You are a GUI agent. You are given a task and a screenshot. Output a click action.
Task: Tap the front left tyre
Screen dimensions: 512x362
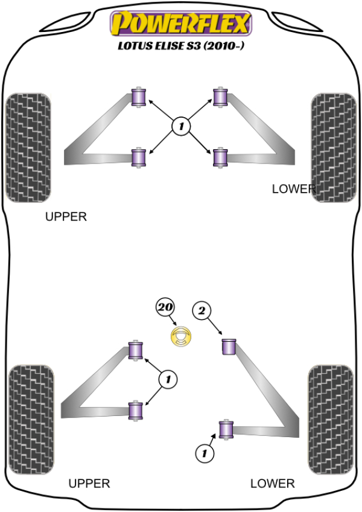tap(28, 147)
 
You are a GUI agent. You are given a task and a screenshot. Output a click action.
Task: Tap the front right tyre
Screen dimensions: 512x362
tap(334, 147)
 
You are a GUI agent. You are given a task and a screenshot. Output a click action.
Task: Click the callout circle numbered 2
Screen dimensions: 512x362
tap(202, 311)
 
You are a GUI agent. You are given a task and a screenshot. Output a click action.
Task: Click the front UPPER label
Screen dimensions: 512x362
tap(66, 216)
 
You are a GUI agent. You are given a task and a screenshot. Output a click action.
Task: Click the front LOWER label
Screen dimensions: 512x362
tap(294, 189)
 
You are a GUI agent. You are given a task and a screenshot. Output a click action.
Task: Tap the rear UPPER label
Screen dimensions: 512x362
tap(89, 483)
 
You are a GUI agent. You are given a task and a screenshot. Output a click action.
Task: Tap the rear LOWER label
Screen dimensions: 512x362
tap(273, 483)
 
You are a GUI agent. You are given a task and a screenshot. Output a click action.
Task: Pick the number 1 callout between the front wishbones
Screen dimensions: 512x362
tap(180, 126)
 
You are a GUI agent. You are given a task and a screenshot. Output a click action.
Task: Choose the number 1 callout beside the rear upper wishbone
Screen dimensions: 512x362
tap(168, 380)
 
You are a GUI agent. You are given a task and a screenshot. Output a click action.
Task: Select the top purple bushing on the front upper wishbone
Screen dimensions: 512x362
tap(140, 97)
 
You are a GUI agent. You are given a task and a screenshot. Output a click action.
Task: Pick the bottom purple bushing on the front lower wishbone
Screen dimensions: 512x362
tap(220, 158)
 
